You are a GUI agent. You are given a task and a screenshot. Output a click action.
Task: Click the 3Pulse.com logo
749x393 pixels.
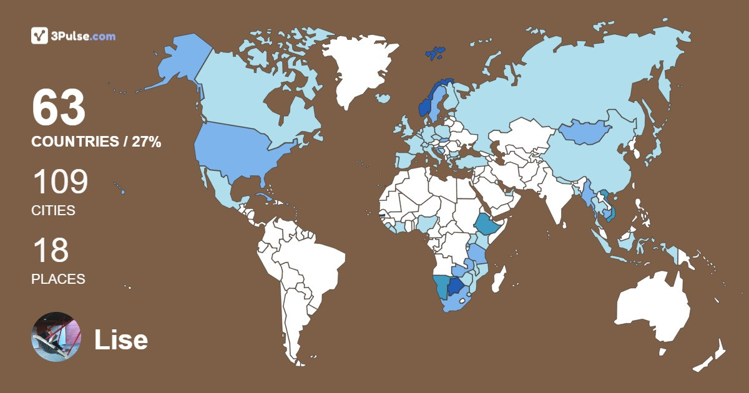tap(73, 36)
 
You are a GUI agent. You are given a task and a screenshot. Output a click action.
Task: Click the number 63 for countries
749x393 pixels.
tap(59, 108)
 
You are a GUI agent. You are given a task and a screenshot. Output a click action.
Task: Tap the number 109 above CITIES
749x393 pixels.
tap(60, 182)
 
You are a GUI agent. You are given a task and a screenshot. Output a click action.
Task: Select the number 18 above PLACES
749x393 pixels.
tap(50, 250)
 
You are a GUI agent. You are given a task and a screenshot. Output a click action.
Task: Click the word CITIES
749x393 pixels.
tap(53, 211)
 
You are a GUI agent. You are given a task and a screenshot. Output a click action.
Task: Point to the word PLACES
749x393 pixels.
tap(58, 279)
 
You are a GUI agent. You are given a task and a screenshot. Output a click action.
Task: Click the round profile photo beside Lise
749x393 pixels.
tap(56, 337)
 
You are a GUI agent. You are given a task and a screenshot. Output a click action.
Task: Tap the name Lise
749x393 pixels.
tap(121, 340)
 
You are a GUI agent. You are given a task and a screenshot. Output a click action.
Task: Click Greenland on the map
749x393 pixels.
tap(356, 69)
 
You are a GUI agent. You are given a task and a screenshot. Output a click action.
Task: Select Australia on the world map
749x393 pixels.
tap(652, 309)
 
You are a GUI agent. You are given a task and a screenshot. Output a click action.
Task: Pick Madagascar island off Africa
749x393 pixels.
tap(499, 279)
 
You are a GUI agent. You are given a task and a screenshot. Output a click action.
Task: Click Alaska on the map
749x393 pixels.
tap(175, 62)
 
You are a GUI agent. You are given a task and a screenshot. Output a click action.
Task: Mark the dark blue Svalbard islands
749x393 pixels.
tap(436, 52)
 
